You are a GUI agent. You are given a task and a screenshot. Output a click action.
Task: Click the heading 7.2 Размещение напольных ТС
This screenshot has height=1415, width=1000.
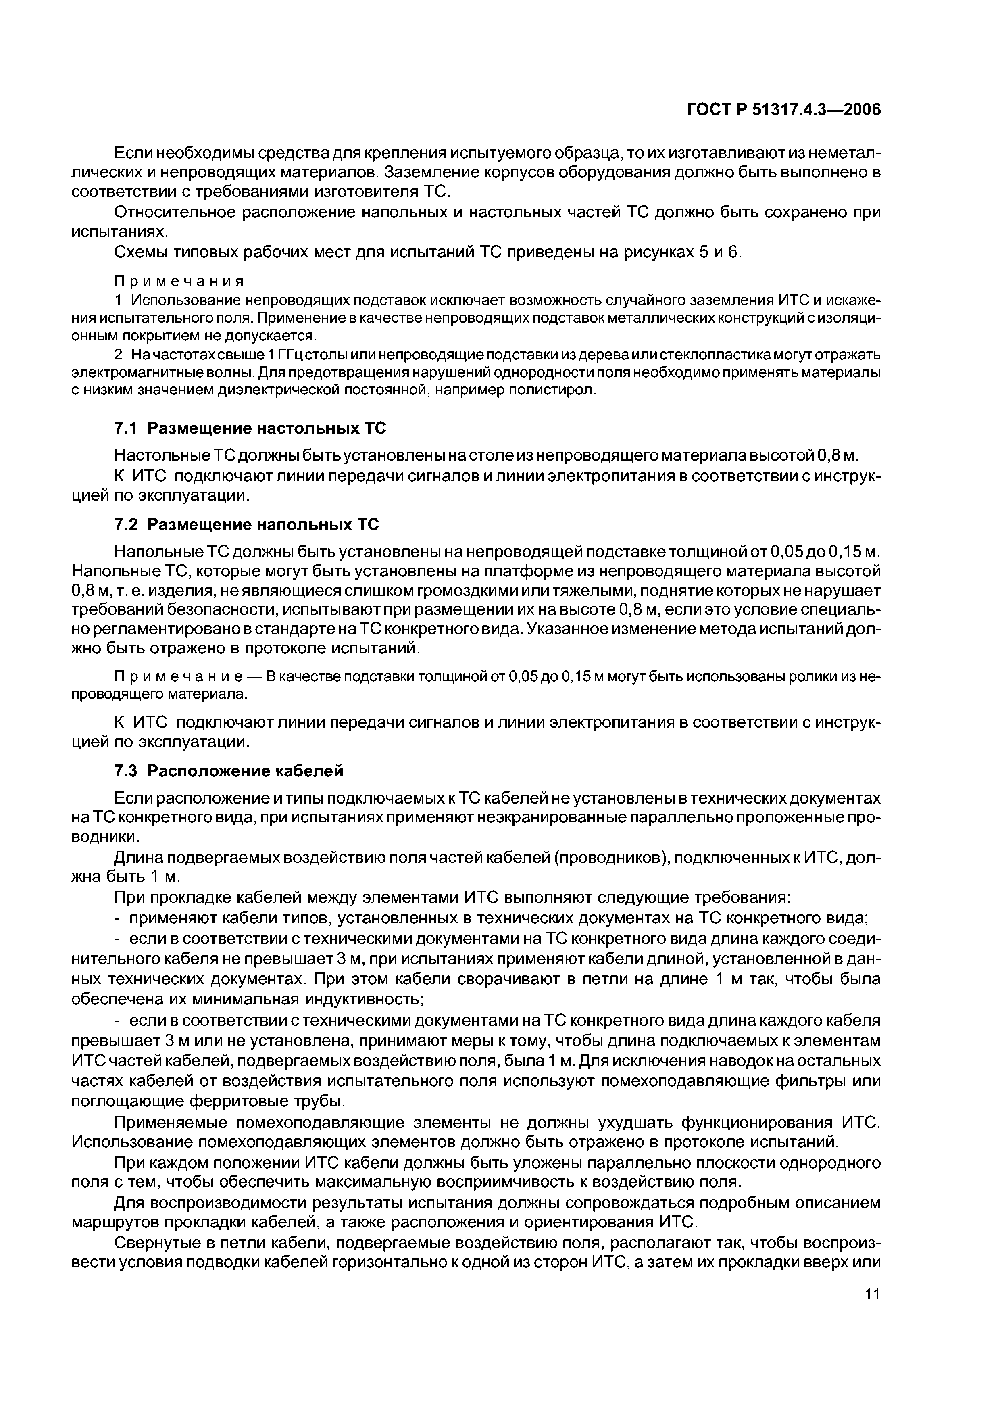pyautogui.click(x=246, y=524)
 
